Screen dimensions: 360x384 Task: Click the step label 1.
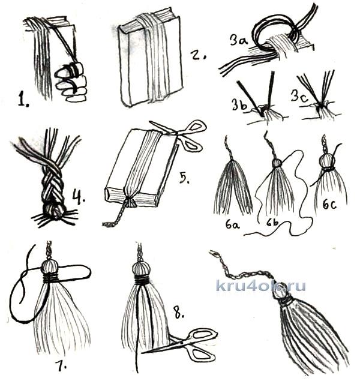pyautogui.click(x=24, y=100)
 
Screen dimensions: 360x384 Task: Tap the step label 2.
pyautogui.click(x=198, y=54)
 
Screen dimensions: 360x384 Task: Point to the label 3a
pyautogui.click(x=239, y=40)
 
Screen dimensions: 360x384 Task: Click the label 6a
pyautogui.click(x=232, y=224)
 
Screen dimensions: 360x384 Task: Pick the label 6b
pyautogui.click(x=272, y=224)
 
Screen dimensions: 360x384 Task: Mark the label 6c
pyautogui.click(x=329, y=204)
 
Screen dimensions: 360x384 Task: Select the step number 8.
pyautogui.click(x=179, y=311)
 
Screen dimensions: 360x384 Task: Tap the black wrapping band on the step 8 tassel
pyautogui.click(x=142, y=279)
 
